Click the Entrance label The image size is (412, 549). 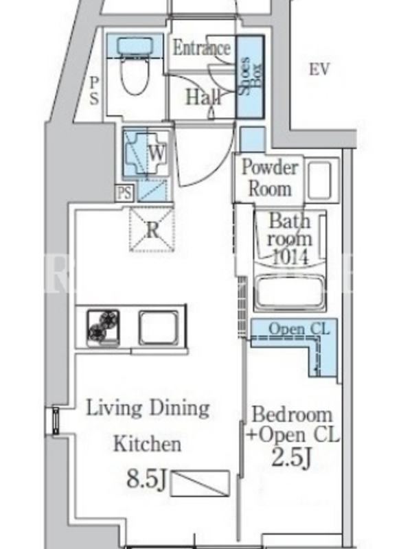click(x=202, y=48)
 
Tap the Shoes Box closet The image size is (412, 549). click(x=250, y=77)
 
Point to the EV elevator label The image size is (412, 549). click(x=319, y=70)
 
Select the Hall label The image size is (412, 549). click(x=203, y=97)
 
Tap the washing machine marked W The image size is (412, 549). click(x=147, y=152)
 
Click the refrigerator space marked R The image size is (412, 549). click(x=152, y=230)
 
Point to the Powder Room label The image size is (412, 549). click(x=270, y=178)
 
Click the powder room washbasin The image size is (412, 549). click(x=319, y=180)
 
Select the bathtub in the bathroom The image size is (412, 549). click(x=290, y=292)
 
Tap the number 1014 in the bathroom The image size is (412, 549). click(x=290, y=257)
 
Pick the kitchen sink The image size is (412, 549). click(x=157, y=328)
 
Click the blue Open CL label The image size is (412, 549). click(x=299, y=329)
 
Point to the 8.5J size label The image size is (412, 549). click(x=146, y=478)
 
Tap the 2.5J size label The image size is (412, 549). click(x=292, y=458)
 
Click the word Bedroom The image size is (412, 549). click(x=292, y=414)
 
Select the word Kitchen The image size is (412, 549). click(x=148, y=444)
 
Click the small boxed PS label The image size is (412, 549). click(x=125, y=193)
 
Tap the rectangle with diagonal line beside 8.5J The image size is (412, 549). click(x=201, y=483)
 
